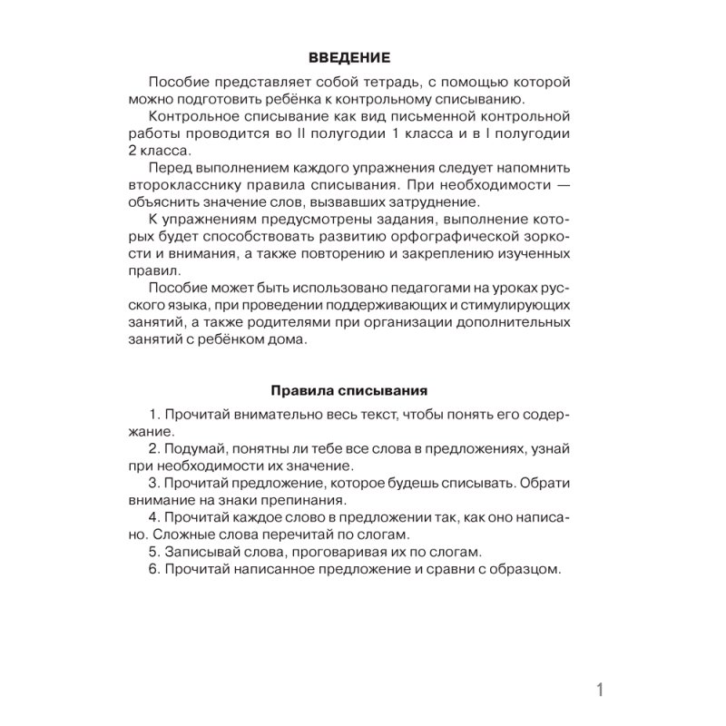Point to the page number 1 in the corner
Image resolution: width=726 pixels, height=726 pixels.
pyautogui.click(x=600, y=690)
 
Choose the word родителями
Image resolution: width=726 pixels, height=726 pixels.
pyautogui.click(x=304, y=322)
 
